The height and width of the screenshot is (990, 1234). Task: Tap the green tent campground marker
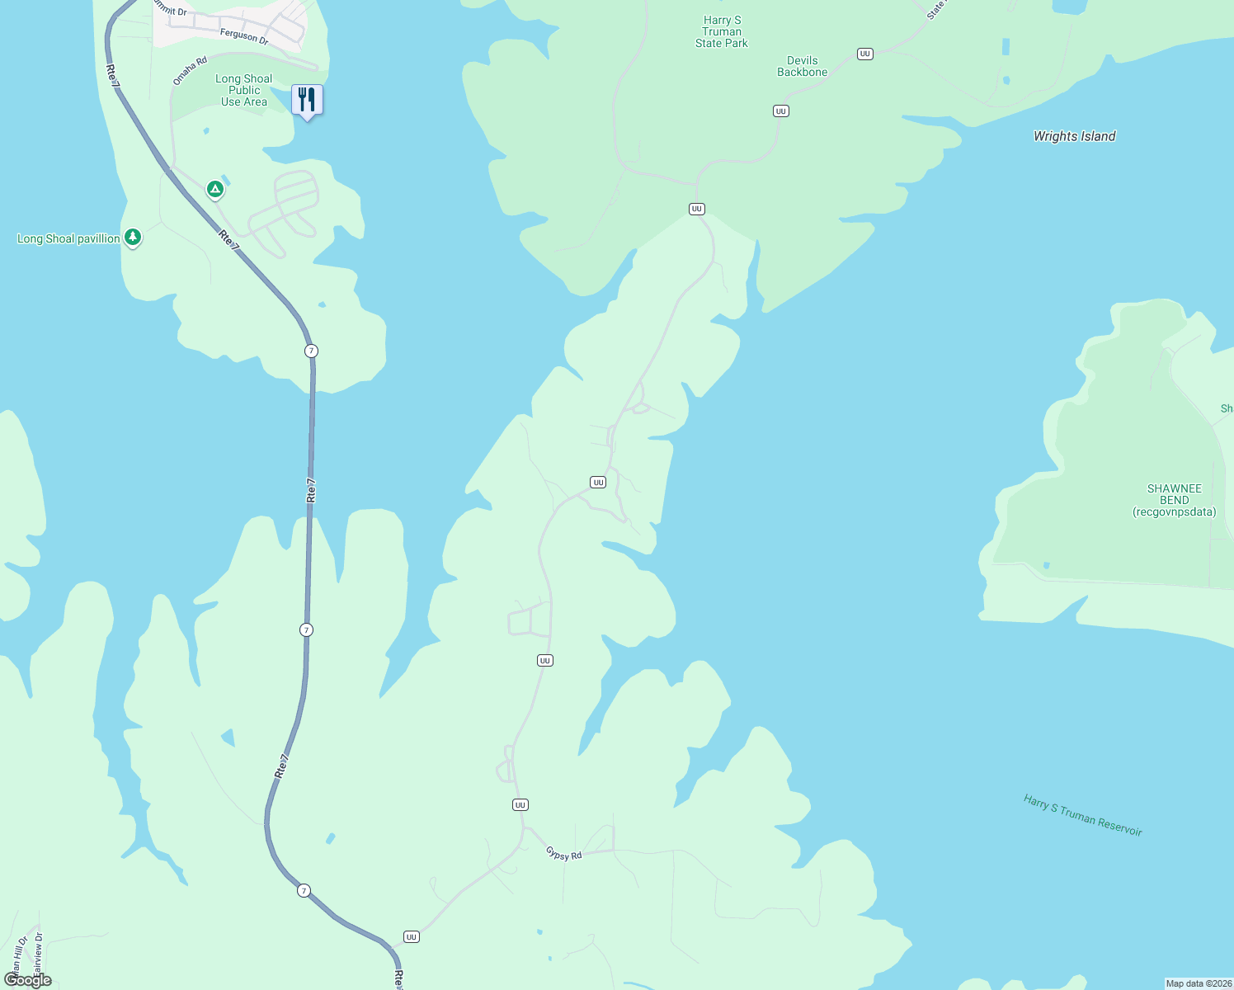(x=215, y=190)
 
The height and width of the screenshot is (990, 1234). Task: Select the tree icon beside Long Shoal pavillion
(x=133, y=238)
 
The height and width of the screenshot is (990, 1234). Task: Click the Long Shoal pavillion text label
(x=69, y=238)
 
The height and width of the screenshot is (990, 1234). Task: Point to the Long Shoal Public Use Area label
(x=244, y=91)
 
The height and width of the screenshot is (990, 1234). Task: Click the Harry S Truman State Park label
(x=722, y=32)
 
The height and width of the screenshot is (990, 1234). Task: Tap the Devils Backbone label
(x=802, y=66)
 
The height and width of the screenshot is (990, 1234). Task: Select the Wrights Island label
(x=1074, y=136)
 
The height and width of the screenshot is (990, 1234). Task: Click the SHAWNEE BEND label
(x=1174, y=500)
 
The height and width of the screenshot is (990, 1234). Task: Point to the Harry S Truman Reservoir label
(x=1082, y=815)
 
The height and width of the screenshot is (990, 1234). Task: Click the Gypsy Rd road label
(x=564, y=855)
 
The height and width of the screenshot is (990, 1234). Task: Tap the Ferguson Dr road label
(x=244, y=36)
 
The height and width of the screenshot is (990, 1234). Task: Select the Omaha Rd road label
(x=190, y=70)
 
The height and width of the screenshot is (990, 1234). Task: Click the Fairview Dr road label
(x=37, y=950)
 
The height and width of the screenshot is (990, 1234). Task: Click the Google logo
(x=28, y=980)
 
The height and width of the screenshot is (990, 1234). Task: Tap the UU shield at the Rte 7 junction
(x=412, y=936)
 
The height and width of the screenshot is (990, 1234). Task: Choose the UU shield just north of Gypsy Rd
(x=520, y=804)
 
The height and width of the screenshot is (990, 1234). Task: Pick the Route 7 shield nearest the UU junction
(x=304, y=890)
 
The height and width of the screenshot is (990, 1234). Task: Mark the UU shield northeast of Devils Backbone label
(x=864, y=54)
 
